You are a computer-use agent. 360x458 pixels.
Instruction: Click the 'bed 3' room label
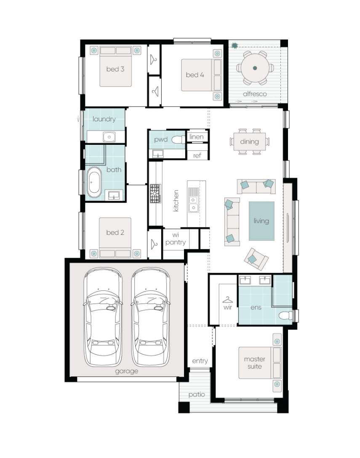(x=115, y=69)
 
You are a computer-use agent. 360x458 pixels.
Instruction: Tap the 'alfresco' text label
(x=255, y=94)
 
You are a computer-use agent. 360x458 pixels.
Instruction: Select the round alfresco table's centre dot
(x=255, y=68)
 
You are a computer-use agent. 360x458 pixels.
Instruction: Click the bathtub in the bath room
(x=94, y=182)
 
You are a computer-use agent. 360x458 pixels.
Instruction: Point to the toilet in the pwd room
(x=179, y=140)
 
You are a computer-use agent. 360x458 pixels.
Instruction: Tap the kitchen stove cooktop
(x=155, y=193)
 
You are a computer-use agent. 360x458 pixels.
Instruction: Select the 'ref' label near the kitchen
(x=197, y=156)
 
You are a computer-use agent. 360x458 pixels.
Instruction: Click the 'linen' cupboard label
(x=196, y=137)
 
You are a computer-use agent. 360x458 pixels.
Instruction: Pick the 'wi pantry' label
(x=175, y=239)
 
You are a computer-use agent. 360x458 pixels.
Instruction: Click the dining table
(x=250, y=142)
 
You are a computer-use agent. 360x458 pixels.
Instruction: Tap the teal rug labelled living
(x=261, y=221)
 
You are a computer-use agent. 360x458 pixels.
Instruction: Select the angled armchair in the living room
(x=256, y=259)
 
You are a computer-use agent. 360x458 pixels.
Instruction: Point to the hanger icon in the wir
(x=227, y=300)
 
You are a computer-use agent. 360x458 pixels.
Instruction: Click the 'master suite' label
(x=254, y=363)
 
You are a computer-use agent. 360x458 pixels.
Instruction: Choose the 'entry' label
(x=200, y=361)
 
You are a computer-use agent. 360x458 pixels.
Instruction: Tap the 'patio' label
(x=197, y=394)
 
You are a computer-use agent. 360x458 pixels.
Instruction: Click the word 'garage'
(x=126, y=372)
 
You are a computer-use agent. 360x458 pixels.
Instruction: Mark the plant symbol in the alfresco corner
(x=235, y=45)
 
